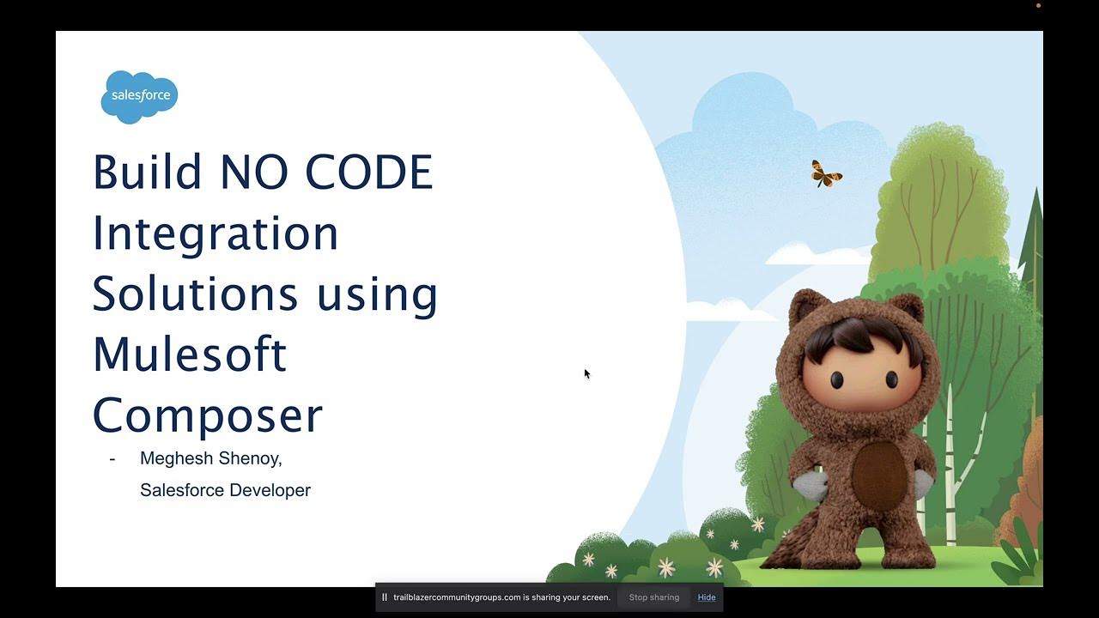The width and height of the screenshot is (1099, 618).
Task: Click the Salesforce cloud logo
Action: point(139,96)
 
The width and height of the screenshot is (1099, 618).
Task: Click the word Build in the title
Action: point(147,172)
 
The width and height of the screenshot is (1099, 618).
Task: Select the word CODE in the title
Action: point(369,172)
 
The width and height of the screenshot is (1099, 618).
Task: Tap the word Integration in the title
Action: point(216,233)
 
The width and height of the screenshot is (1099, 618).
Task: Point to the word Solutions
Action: point(195,294)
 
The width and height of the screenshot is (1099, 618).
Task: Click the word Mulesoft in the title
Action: point(189,354)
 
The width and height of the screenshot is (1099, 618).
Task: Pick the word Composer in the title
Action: point(207,415)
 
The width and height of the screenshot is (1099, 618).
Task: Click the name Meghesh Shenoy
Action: point(210,458)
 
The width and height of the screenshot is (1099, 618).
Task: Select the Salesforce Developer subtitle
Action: point(225,490)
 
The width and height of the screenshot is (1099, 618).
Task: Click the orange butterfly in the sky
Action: point(826,174)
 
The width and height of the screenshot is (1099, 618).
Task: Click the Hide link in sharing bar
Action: point(707,597)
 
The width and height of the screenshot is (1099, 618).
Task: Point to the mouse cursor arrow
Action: point(586,373)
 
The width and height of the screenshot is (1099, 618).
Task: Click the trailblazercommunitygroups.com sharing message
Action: point(501,597)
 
